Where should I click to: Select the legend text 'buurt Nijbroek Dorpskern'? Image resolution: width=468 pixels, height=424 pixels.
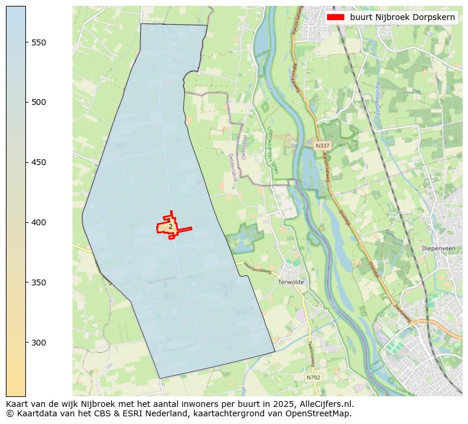402,17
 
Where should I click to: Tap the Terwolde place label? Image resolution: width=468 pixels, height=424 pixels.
289,282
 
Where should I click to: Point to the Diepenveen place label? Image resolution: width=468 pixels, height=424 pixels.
439,248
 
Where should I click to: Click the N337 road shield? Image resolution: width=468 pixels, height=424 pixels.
322,146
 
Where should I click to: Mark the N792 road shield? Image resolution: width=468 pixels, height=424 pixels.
314,377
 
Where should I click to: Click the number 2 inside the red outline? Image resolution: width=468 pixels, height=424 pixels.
170,226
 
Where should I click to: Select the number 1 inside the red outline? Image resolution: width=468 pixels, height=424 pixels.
169,220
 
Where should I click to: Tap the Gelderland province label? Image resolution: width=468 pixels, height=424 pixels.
233,167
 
